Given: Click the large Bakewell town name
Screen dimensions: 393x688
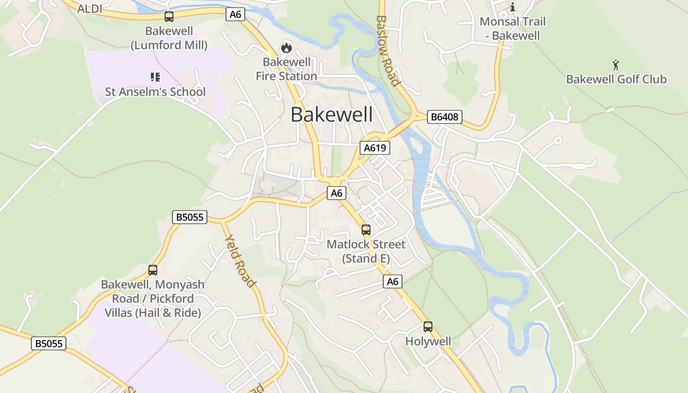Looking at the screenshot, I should [332, 114].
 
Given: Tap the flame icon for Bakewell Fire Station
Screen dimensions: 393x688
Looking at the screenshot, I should [286, 48].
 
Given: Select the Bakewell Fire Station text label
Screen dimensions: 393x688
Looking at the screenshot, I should [287, 69].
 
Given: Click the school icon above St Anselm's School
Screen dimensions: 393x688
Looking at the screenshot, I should [155, 77].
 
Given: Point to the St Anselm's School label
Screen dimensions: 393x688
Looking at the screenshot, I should [155, 92].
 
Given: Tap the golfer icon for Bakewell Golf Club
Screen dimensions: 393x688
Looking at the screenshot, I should [616, 65].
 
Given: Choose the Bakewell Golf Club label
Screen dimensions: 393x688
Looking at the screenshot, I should [616, 79].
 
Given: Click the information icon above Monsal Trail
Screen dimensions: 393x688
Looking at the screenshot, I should [513, 7].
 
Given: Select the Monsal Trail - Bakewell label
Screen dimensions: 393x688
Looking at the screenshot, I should [513, 28].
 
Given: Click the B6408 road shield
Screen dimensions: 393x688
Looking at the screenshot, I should [444, 117].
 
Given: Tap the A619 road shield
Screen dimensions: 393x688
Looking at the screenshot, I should [374, 148].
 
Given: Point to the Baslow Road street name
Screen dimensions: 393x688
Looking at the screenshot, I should [387, 51].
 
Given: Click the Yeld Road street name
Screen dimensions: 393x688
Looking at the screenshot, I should [240, 261].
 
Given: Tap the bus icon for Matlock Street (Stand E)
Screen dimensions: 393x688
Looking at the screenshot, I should [366, 229].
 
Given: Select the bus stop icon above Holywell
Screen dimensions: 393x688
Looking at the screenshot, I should [428, 327].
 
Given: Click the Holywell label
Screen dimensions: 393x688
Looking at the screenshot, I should [428, 341].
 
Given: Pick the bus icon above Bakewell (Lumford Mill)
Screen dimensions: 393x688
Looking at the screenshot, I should [169, 17].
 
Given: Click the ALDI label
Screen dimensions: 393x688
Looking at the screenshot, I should [90, 8].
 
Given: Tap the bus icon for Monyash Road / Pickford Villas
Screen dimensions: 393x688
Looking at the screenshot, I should [153, 270].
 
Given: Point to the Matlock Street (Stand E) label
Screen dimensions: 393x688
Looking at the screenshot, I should [366, 252].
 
